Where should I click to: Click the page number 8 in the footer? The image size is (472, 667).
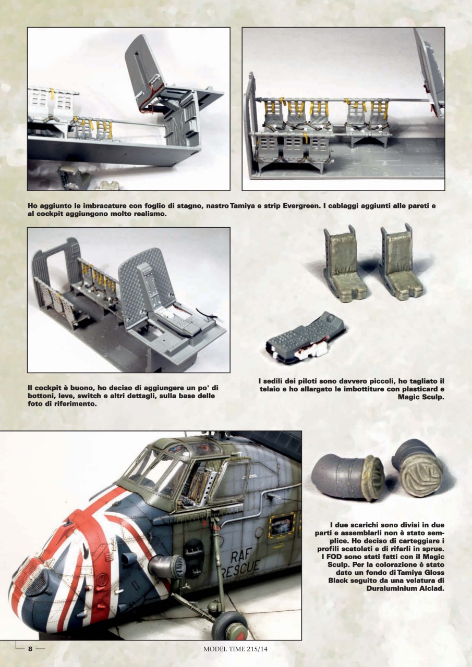pyautogui.click(x=30, y=649)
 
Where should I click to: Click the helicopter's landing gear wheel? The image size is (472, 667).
pyautogui.click(x=229, y=625)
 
